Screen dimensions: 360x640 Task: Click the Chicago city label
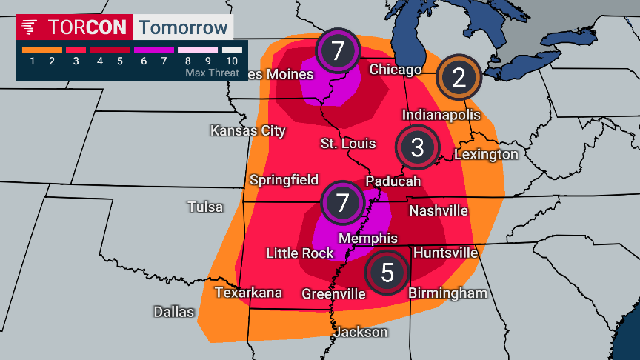[396, 70]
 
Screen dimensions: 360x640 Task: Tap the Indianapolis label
[441, 115]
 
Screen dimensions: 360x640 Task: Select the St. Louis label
[348, 143]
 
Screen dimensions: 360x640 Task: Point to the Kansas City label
[248, 130]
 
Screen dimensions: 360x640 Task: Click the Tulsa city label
[205, 207]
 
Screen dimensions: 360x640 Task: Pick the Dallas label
[174, 311]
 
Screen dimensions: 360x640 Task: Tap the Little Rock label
[300, 253]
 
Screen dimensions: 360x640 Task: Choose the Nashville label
[439, 210]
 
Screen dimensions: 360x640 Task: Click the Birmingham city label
[448, 293]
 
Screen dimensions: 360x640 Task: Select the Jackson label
[361, 332]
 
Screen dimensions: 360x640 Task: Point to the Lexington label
[486, 154]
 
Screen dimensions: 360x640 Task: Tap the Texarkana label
[248, 293]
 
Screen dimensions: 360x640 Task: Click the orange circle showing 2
[459, 78]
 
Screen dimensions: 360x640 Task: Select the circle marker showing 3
[417, 147]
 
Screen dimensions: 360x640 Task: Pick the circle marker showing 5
[387, 273]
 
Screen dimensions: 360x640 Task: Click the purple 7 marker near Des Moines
[338, 51]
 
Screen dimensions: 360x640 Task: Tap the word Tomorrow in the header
[183, 27]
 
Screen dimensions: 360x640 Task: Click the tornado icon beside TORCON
[30, 27]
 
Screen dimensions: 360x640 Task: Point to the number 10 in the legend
[232, 61]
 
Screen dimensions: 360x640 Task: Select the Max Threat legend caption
[212, 73]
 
